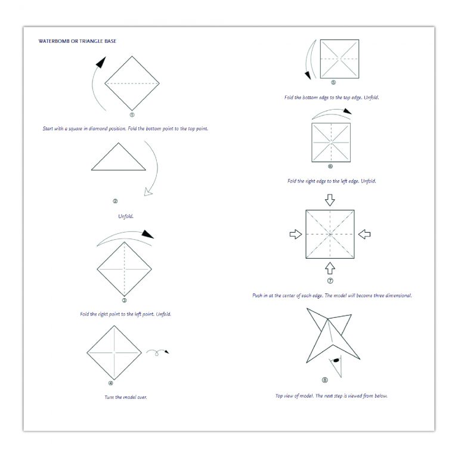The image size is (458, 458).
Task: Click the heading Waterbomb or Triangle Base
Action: click(78, 41)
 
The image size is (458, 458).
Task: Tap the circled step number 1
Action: click(132, 114)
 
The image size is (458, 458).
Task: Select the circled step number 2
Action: click(115, 201)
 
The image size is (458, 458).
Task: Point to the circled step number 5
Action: click(333, 82)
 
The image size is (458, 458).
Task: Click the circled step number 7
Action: click(330, 281)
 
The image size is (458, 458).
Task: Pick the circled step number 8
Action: click(325, 380)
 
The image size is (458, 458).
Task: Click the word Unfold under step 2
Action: click(126, 216)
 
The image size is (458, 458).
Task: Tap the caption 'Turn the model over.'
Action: click(126, 397)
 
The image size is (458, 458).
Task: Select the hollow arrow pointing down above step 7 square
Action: click(330, 200)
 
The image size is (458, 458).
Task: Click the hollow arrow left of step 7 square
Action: click(296, 234)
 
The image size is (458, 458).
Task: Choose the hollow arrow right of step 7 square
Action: click(364, 234)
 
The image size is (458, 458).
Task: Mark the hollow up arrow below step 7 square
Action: click(330, 268)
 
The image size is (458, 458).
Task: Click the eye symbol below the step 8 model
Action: click(336, 360)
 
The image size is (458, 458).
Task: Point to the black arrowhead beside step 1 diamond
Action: click(101, 63)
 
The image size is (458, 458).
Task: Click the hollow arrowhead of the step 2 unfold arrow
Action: click(148, 191)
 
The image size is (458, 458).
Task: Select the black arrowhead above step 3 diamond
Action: click(148, 234)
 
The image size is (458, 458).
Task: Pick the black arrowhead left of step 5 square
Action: click(308, 75)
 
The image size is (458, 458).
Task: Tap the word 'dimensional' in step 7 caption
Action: click(398, 296)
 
